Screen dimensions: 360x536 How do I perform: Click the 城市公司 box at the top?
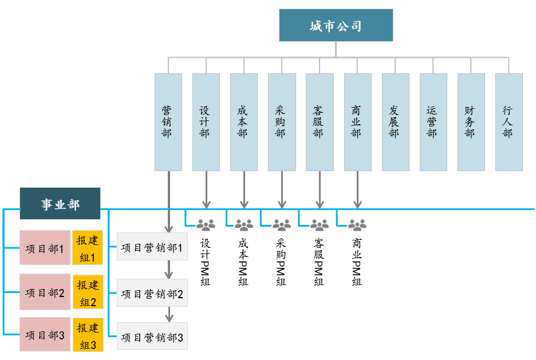coord(336,25)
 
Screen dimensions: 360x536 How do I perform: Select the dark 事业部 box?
coord(60,203)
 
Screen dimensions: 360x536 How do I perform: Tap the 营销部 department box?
coord(168,122)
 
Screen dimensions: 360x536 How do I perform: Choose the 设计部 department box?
coord(206,122)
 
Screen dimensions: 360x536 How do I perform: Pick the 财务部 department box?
coord(471,122)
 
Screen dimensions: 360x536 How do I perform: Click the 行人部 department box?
coord(509,122)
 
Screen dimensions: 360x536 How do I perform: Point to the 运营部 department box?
coord(433,122)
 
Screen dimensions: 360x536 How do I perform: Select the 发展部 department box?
coord(395,122)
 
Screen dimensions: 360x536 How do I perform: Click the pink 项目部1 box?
coord(45,248)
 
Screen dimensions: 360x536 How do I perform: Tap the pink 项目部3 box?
coord(45,334)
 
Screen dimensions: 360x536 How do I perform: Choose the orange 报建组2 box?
coord(88,291)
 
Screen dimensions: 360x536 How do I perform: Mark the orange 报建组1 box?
coord(88,248)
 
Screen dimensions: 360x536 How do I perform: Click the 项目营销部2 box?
coord(152,293)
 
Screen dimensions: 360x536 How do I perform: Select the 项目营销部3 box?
coord(152,337)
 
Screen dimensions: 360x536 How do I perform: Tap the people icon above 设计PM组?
coord(206,225)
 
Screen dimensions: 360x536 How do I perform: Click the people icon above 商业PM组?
coord(357,225)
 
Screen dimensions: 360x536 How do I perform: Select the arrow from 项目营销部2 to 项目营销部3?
coord(169,314)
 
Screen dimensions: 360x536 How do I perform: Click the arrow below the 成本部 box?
coord(244,189)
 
